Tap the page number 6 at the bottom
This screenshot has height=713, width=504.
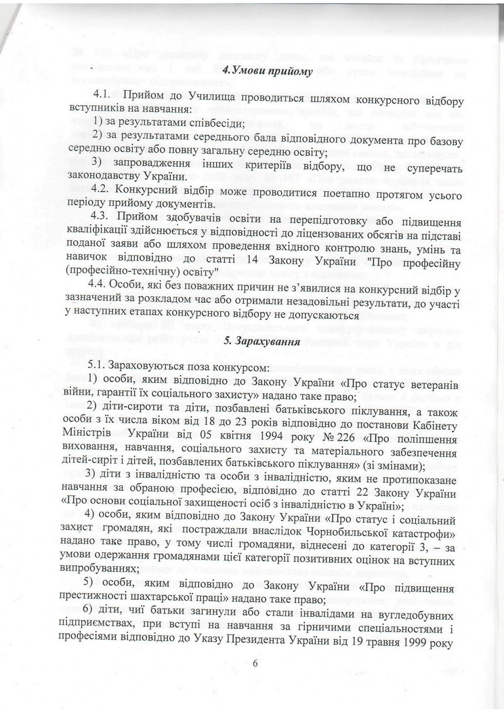point(256,663)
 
